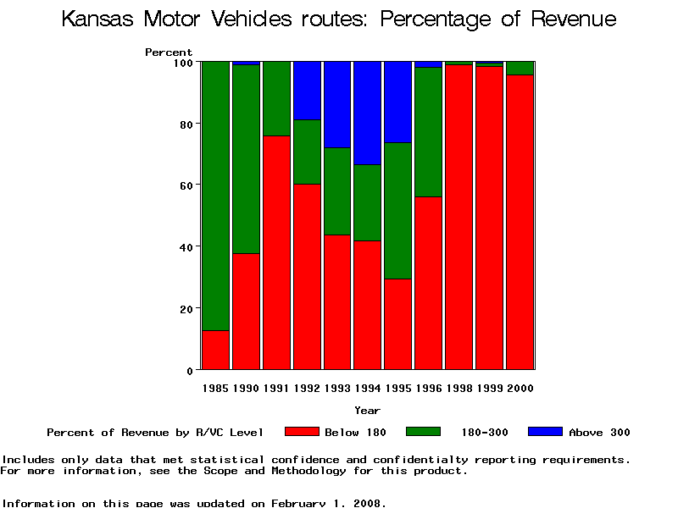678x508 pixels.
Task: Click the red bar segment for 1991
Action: click(277, 252)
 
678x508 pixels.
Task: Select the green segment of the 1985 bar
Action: click(216, 196)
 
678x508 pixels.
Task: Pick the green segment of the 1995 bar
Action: click(398, 211)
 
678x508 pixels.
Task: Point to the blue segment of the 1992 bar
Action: click(308, 91)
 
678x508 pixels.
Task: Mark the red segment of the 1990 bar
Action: click(247, 312)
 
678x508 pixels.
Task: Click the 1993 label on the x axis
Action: click(337, 389)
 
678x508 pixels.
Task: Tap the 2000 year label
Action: click(520, 389)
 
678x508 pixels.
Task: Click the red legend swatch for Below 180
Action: click(302, 432)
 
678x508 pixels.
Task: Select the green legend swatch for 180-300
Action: click(424, 432)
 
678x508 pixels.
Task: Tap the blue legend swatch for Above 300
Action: click(545, 432)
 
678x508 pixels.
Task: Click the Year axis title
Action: click(367, 411)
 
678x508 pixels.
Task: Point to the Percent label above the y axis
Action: click(169, 52)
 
